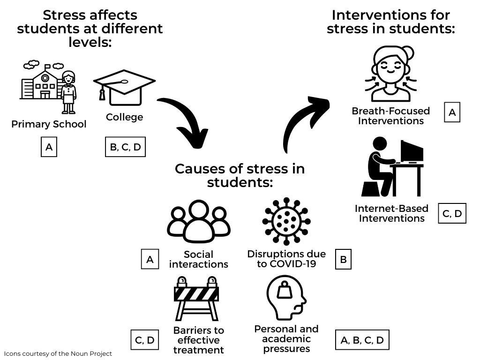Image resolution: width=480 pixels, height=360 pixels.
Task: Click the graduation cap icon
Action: [124, 87]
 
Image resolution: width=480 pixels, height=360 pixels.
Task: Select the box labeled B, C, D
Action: [125, 147]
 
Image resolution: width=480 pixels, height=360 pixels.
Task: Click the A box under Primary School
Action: [49, 147]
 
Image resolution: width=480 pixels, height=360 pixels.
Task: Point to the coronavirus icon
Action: [286, 221]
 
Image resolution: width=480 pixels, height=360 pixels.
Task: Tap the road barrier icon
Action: [197, 298]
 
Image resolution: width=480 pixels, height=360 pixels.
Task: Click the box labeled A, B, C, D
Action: [362, 340]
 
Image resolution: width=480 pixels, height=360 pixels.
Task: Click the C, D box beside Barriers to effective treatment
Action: [144, 340]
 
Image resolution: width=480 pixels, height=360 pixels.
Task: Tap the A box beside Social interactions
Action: [150, 259]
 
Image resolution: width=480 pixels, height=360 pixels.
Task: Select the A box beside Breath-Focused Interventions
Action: [452, 112]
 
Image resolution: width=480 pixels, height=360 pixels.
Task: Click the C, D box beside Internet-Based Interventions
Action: [452, 214]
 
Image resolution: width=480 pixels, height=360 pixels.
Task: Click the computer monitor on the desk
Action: [412, 151]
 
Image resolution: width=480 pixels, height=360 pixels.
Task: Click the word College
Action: [124, 117]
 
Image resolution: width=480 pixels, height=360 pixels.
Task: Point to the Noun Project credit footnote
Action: [58, 353]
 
